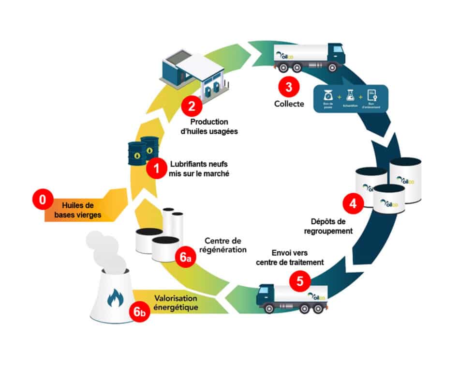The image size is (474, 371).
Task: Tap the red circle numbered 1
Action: click(x=156, y=169)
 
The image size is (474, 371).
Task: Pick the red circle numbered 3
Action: click(x=289, y=87)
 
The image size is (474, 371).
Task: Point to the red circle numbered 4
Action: click(x=353, y=203)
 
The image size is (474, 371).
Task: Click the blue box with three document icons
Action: click(x=351, y=99)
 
